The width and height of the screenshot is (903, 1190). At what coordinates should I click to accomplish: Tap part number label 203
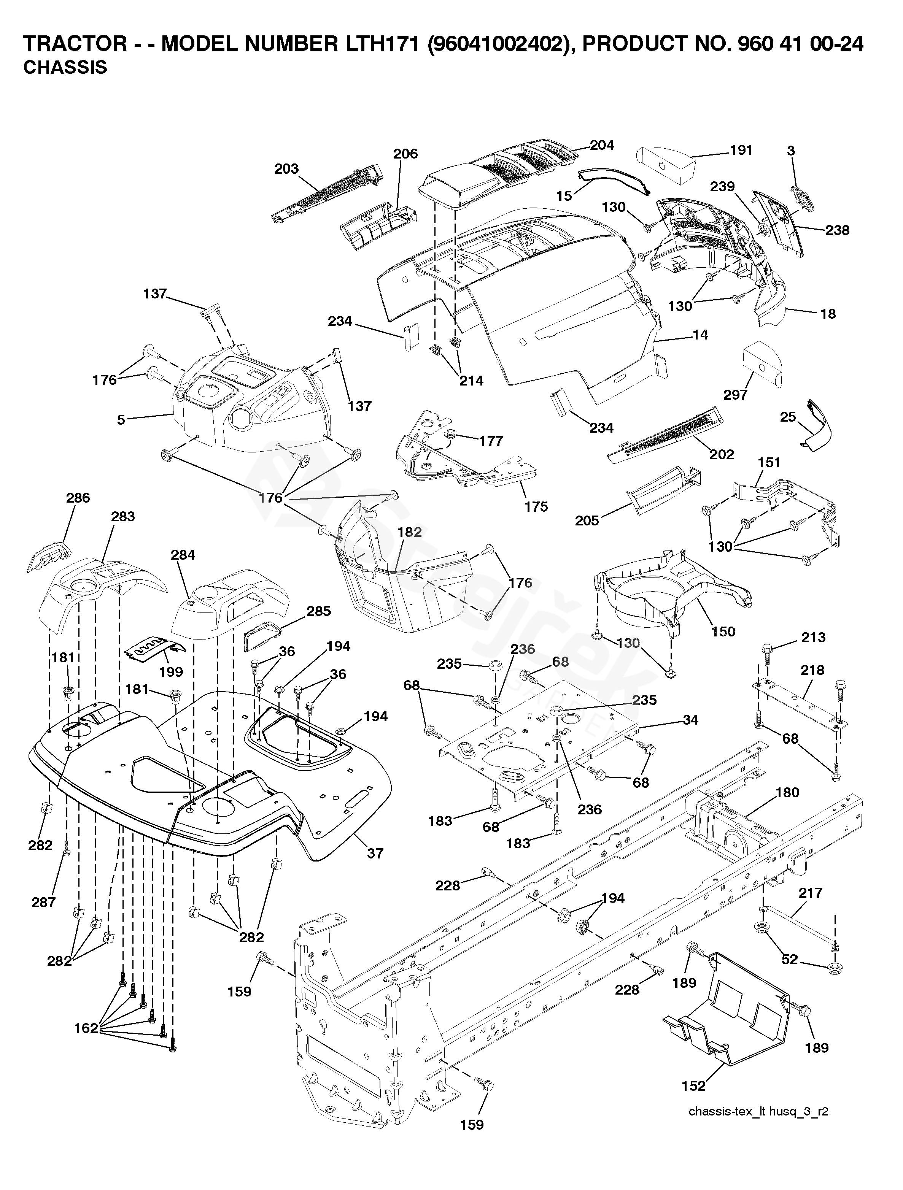click(286, 169)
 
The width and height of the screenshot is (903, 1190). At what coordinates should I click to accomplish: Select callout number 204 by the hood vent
click(602, 145)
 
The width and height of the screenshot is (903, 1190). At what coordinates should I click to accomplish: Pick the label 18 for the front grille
click(828, 314)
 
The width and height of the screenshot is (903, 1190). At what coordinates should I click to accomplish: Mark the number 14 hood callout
click(700, 335)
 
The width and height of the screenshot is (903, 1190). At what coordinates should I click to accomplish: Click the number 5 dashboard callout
click(121, 419)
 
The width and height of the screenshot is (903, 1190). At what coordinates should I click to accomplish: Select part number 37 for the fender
click(375, 853)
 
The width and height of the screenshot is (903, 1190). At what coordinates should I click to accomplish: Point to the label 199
click(171, 671)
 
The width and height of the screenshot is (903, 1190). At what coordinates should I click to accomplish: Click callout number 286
click(78, 498)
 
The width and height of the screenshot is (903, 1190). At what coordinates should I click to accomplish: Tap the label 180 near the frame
click(787, 792)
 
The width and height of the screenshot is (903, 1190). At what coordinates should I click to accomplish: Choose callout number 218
click(812, 670)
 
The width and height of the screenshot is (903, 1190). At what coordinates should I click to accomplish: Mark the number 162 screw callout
click(86, 1028)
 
